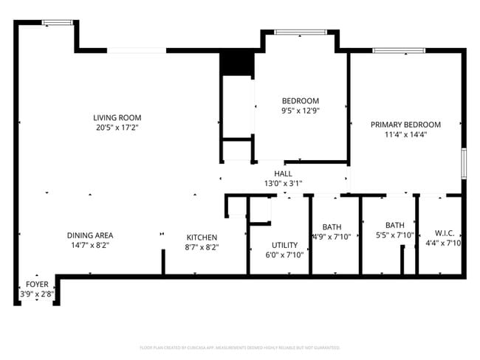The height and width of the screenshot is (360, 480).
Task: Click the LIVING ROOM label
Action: pos(117,117)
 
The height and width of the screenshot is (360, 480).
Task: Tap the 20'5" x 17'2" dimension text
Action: pos(117,128)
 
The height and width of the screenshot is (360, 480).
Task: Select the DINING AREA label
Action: pos(89,235)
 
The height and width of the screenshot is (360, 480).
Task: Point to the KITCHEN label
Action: pos(201,237)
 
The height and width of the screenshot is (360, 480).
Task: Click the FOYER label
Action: pos(37,284)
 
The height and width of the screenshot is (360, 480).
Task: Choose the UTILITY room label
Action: pos(284,245)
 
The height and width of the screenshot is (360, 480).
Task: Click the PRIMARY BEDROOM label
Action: pos(405,125)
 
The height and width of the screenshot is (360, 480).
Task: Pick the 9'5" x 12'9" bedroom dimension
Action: pos(301,111)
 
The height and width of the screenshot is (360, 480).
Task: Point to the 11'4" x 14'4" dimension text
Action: pos(405,135)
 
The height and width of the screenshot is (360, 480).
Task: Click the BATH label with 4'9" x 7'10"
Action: pos(332,226)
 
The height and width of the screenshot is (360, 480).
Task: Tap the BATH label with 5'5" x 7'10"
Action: pos(394,225)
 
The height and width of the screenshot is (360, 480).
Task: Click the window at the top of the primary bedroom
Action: pos(398,51)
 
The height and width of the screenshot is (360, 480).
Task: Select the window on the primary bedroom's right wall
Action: pos(464,163)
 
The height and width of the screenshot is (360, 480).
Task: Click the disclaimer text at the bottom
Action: pos(239,347)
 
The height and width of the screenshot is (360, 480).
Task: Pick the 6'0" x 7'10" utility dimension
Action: pos(284,255)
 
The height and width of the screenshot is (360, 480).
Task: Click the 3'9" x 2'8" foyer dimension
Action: pos(37,294)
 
